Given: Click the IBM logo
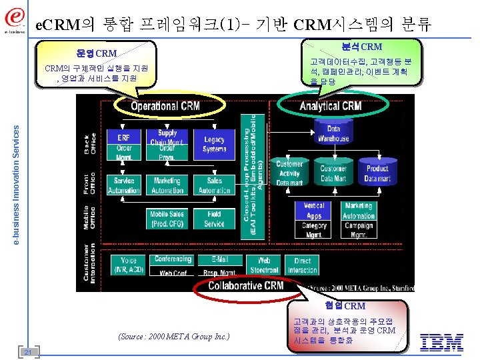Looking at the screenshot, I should tap(441, 343).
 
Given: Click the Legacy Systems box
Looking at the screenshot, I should tap(214, 144).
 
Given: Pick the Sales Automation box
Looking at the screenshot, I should tap(214, 185).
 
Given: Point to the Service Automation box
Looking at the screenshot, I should tap(124, 185).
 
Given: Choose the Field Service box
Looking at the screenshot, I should tap(214, 219).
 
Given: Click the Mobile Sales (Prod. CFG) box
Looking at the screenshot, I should tap(167, 219).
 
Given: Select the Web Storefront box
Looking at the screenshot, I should tap(264, 265).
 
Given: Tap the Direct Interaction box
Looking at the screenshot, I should tap(302, 265).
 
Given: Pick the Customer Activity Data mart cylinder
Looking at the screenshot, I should tap(289, 173).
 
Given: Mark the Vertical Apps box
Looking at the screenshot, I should tap(313, 211).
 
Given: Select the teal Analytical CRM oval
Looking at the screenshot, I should tap(331, 106).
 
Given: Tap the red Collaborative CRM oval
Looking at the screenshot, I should tap(245, 285).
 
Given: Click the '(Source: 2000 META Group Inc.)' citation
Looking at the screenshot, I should tap(173, 337).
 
